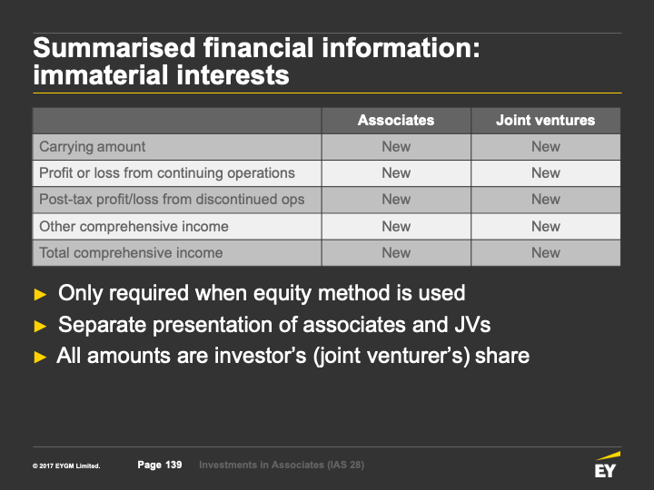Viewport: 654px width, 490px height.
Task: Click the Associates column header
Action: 396,121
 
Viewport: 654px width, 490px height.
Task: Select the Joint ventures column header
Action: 545,121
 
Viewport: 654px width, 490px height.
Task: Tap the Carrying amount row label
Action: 92,147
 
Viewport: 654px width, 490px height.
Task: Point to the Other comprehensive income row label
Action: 134,226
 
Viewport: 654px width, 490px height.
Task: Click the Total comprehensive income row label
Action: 131,252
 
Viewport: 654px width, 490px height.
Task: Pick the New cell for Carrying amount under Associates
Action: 396,147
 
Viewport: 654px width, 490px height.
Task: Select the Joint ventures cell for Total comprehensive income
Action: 546,252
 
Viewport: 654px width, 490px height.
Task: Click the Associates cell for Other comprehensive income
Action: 396,226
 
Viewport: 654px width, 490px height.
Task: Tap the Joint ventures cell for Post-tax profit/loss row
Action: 546,199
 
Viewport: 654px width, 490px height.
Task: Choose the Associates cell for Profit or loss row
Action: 396,173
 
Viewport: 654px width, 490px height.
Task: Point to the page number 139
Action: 173,465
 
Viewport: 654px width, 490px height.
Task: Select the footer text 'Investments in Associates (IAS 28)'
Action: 282,465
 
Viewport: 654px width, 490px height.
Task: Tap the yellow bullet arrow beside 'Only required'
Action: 40,294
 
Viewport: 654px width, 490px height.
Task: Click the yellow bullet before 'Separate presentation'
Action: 40,326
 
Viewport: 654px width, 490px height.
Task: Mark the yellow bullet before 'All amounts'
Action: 40,358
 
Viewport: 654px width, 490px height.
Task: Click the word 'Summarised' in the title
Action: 114,47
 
